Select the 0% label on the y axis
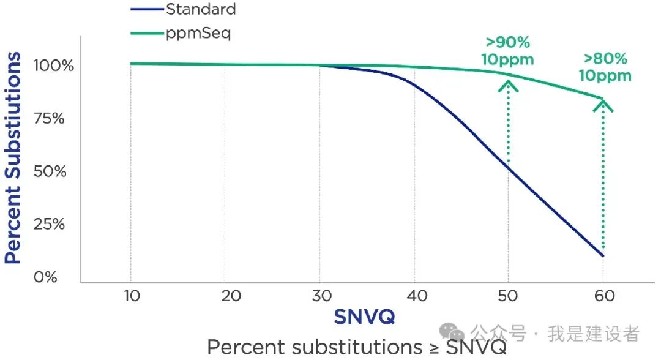[45, 277]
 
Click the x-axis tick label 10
[131, 296]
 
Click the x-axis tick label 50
[509, 296]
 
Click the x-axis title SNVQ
[364, 317]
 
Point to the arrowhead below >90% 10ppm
[508, 84]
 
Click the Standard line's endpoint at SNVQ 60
[603, 255]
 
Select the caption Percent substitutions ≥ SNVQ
[357, 347]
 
